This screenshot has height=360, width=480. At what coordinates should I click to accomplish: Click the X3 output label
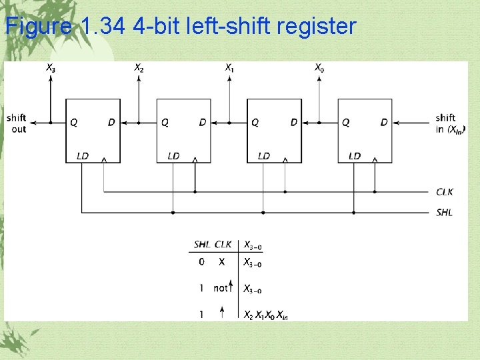[51, 67]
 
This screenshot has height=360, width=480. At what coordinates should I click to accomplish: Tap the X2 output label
[139, 67]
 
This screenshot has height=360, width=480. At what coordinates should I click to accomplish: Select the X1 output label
[229, 67]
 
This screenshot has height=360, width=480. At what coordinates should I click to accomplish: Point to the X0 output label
[319, 67]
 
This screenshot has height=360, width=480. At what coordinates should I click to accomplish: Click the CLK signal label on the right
[445, 192]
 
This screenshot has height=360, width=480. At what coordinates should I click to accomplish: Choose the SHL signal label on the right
[444, 213]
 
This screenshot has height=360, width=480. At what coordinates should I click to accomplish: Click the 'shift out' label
[17, 123]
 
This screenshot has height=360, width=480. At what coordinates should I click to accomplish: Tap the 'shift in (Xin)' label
[450, 123]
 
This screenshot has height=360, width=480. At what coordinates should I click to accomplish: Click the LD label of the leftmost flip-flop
[83, 156]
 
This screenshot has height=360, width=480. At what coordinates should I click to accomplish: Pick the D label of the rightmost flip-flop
[384, 122]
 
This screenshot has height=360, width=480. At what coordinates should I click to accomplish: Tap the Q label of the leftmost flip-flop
[73, 122]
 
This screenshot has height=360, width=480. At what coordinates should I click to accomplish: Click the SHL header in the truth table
[202, 245]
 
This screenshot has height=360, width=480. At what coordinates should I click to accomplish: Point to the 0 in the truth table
[201, 262]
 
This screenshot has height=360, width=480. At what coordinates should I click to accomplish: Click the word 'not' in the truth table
[221, 288]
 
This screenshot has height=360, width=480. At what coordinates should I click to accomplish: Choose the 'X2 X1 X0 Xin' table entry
[265, 315]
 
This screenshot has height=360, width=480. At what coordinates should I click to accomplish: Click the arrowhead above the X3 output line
[51, 77]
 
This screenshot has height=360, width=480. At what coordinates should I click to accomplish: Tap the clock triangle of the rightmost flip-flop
[375, 159]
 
